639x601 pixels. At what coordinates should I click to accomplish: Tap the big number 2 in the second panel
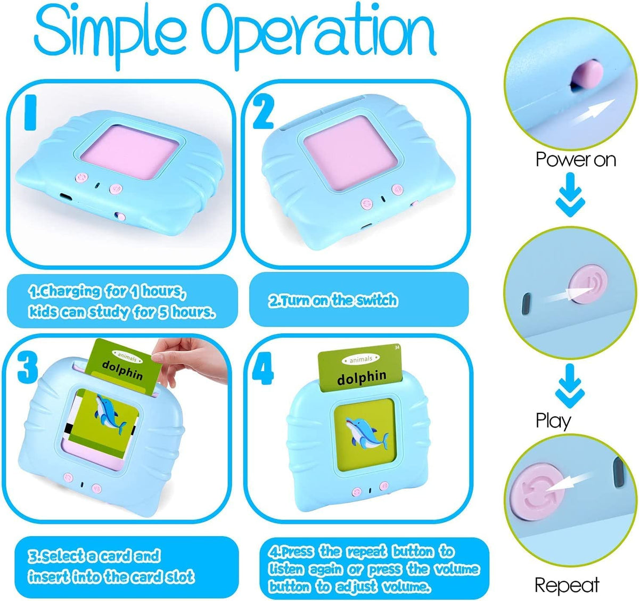pyautogui.click(x=263, y=111)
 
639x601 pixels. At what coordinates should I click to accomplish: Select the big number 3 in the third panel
pyautogui.click(x=27, y=367)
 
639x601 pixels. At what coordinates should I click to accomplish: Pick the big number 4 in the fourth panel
pyautogui.click(x=263, y=369)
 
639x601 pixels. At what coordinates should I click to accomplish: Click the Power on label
pyautogui.click(x=575, y=160)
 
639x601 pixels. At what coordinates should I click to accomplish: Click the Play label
pyautogui.click(x=553, y=421)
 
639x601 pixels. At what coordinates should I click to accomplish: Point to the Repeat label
pyautogui.click(x=567, y=585)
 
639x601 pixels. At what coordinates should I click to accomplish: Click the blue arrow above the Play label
pyautogui.click(x=570, y=385)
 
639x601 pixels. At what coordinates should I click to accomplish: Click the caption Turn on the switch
pyautogui.click(x=333, y=300)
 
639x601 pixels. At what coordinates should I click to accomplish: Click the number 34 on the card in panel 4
pyautogui.click(x=397, y=348)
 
